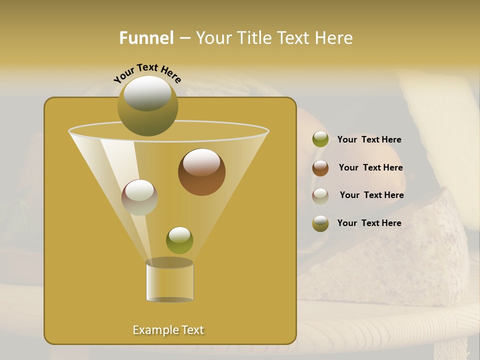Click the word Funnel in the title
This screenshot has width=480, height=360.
[146, 38]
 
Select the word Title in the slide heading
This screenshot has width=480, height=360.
[252, 38]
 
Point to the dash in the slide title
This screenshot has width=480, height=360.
[184, 38]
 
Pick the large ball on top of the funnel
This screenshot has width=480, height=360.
[147, 106]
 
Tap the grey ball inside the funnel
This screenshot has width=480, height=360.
[139, 197]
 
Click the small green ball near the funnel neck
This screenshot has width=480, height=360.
[179, 240]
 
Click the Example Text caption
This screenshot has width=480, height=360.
[168, 330]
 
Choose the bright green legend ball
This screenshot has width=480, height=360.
[320, 139]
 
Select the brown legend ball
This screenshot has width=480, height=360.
[320, 168]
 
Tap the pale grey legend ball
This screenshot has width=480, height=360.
[320, 195]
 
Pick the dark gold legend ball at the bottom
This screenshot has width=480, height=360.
[320, 223]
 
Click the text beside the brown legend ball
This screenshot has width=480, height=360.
[370, 167]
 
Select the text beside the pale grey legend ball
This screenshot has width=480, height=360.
[371, 195]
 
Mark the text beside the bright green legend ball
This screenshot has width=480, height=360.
[369, 139]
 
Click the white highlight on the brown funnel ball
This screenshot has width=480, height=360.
[201, 162]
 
